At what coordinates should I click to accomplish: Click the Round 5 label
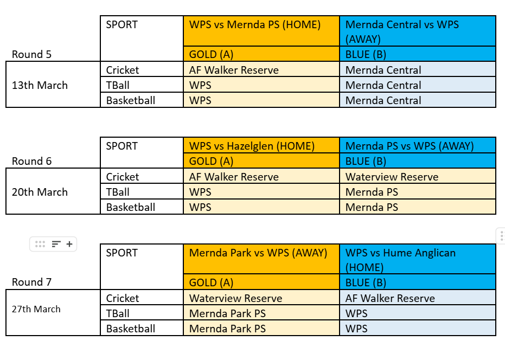(31, 54)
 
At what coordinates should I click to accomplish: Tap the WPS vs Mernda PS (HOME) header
(255, 25)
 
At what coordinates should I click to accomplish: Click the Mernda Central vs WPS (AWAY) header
(402, 31)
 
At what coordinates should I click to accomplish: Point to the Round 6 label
(31, 161)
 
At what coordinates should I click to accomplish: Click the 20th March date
(40, 192)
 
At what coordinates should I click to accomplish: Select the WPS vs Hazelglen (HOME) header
(252, 146)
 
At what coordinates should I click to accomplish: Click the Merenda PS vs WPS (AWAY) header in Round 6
(410, 146)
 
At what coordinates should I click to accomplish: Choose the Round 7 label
(31, 282)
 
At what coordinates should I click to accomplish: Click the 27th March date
(36, 309)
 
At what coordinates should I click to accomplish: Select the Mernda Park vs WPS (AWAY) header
(258, 253)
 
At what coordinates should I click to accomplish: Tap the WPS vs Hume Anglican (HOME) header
(400, 260)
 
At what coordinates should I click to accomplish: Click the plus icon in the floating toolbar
(69, 244)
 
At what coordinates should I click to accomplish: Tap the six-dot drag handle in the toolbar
(40, 244)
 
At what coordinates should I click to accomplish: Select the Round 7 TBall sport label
(118, 313)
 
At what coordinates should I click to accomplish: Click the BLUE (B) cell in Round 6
(366, 161)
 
